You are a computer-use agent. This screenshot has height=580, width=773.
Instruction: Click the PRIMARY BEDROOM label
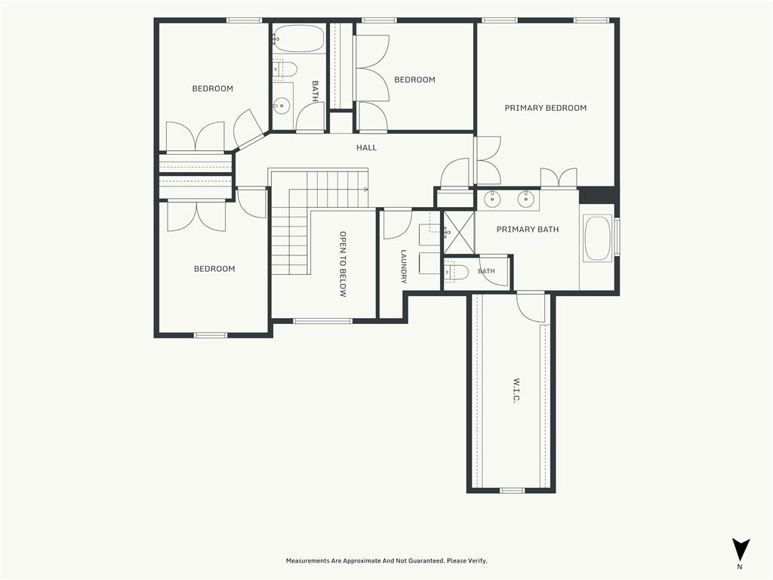(545, 108)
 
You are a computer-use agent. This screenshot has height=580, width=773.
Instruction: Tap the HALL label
(366, 147)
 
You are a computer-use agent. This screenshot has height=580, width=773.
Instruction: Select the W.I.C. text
(516, 391)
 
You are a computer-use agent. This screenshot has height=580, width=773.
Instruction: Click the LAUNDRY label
(404, 267)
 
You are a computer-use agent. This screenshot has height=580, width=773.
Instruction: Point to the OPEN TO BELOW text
(343, 264)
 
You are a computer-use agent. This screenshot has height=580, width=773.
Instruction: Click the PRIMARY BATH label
(528, 230)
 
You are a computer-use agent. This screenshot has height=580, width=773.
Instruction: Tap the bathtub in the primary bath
(598, 238)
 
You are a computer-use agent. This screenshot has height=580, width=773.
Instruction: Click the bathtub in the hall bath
(298, 39)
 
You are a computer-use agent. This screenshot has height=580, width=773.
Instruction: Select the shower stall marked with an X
(458, 233)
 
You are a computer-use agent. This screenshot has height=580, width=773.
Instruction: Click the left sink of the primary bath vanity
(491, 199)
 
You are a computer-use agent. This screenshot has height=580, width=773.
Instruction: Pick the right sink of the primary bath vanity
(526, 199)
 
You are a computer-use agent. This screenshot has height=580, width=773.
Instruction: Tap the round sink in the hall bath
(282, 106)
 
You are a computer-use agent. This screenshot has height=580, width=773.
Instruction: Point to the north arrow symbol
(741, 550)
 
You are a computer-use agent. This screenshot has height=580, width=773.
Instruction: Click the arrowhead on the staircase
(366, 190)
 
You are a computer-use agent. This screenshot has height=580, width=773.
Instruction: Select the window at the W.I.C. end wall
(513, 490)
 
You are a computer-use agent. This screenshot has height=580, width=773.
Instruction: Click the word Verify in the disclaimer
(476, 561)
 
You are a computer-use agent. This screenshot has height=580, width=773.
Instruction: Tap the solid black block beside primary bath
(597, 195)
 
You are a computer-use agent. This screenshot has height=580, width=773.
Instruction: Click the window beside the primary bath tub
(616, 237)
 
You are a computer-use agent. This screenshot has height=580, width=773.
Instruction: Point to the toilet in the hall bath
(284, 69)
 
